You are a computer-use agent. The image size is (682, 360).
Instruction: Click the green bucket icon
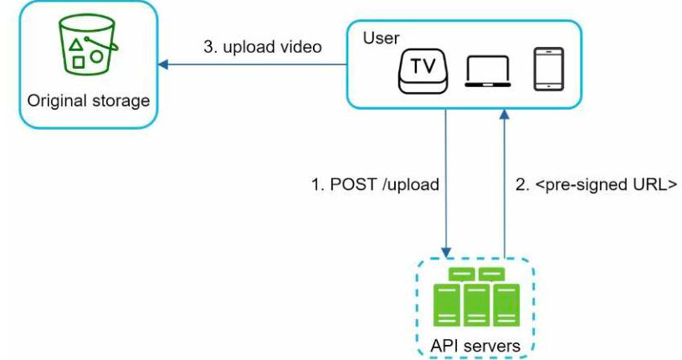[87, 44]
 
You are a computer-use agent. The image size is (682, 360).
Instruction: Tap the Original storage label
[89, 101]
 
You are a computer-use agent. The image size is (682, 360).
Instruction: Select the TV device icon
[423, 71]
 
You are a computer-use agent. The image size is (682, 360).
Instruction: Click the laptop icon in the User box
[488, 72]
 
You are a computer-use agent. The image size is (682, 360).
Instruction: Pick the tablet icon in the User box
[548, 69]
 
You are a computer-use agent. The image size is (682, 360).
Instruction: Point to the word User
[381, 39]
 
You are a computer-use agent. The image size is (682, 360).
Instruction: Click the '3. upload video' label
[263, 47]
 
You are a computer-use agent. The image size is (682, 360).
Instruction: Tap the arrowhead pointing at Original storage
[162, 64]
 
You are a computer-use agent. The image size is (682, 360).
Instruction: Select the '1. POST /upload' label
[375, 184]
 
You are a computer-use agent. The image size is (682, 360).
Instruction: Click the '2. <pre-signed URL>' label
[597, 184]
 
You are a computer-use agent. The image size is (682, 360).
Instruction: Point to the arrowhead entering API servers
[446, 253]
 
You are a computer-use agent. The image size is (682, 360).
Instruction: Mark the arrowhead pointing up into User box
[504, 114]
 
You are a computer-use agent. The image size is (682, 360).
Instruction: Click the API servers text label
[475, 346]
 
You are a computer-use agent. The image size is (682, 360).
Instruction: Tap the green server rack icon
[476, 297]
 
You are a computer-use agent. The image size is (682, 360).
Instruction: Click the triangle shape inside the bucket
[76, 45]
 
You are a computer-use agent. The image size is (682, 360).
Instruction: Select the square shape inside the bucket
[79, 62]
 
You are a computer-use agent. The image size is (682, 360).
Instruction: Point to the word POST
[353, 184]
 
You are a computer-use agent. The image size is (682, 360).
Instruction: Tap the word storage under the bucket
[121, 101]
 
